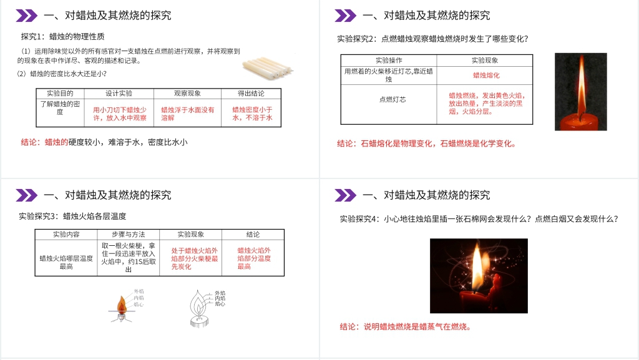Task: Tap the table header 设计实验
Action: [x=119, y=94]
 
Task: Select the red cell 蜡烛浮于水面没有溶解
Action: [x=187, y=113]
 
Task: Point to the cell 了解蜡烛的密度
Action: [x=60, y=108]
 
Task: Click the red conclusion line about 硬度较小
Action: [x=104, y=142]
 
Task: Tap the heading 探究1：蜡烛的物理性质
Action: [x=63, y=37]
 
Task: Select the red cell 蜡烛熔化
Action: [x=484, y=75]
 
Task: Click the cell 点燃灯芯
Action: [x=393, y=99]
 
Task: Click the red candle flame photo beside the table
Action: [x=580, y=91]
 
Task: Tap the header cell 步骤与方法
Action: [x=128, y=235]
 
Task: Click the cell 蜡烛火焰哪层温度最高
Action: [x=66, y=262]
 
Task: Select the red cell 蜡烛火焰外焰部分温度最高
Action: [x=253, y=258]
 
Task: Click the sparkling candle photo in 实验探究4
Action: [x=479, y=275]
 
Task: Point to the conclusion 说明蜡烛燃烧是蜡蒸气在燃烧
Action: [x=405, y=326]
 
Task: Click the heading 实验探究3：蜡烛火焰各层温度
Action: [x=72, y=216]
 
